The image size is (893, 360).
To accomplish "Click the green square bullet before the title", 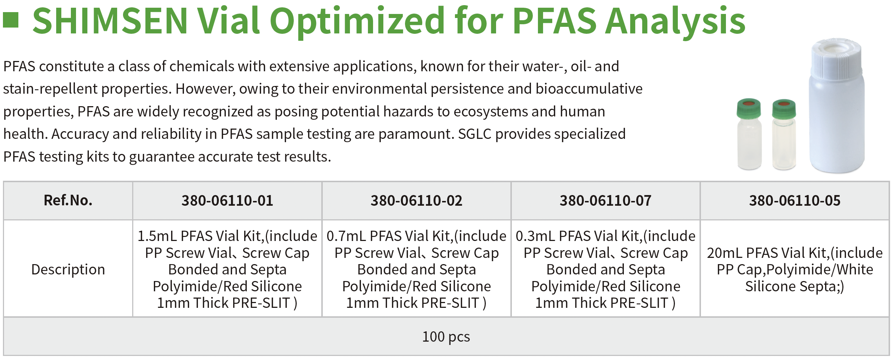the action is pos(11,20).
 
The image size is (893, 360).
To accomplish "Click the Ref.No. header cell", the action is pos(68,201).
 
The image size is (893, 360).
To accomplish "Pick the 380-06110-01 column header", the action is pos(227,201).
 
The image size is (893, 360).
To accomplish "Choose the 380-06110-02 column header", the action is pos(416,201).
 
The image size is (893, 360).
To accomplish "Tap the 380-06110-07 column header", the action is pos(605,201).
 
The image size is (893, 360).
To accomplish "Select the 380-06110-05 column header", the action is pos(795,201).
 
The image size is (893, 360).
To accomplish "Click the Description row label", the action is pos(68,270).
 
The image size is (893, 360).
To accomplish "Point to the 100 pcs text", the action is pos(446,336).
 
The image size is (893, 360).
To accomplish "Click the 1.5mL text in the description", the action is pos(157,236).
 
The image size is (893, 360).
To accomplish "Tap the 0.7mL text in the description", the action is pos(346,236).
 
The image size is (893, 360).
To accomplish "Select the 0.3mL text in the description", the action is pos(535,236).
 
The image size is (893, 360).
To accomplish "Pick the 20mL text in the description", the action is pos(725,253).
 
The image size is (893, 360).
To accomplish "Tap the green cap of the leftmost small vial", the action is pos(749,109).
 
